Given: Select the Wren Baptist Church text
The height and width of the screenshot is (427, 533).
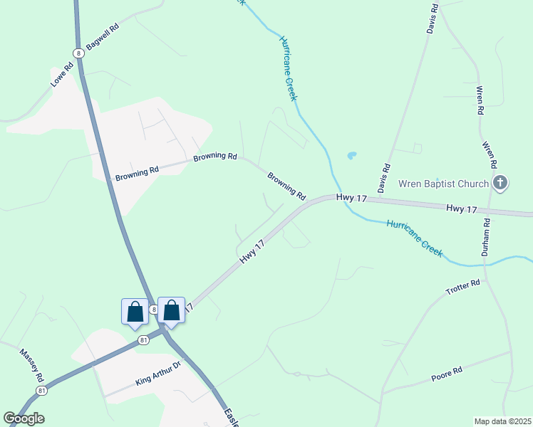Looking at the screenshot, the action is point(443,184).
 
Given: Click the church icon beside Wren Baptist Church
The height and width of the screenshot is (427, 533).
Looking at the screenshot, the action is point(500,184).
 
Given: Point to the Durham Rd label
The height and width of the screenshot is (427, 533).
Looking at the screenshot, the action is point(485,237).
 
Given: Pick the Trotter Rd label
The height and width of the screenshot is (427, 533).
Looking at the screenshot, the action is point(463,288).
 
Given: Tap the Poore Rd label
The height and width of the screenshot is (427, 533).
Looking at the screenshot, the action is point(447,374).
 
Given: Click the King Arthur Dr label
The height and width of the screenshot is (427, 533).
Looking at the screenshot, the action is point(158,374).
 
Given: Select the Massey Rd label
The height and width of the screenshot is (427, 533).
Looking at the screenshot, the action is point(32,364).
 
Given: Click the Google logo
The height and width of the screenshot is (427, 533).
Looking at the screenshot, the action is point(24,418).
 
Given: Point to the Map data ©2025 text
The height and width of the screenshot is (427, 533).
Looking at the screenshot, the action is point(503,421).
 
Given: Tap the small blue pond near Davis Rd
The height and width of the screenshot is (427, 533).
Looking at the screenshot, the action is point(351,155).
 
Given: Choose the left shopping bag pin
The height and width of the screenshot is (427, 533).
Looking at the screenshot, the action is point(135,311).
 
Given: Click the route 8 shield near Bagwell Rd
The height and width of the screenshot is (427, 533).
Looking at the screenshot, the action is point(78,53).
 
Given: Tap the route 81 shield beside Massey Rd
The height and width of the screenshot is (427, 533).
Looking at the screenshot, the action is point(42,391).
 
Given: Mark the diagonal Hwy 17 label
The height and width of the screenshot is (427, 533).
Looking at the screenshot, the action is point(252,253).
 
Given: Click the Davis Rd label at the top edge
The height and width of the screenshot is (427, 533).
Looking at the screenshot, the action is point(431,17).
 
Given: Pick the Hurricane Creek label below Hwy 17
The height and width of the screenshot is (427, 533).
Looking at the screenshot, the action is point(414,238).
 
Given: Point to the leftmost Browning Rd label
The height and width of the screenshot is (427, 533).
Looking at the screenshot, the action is point(136,172).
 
